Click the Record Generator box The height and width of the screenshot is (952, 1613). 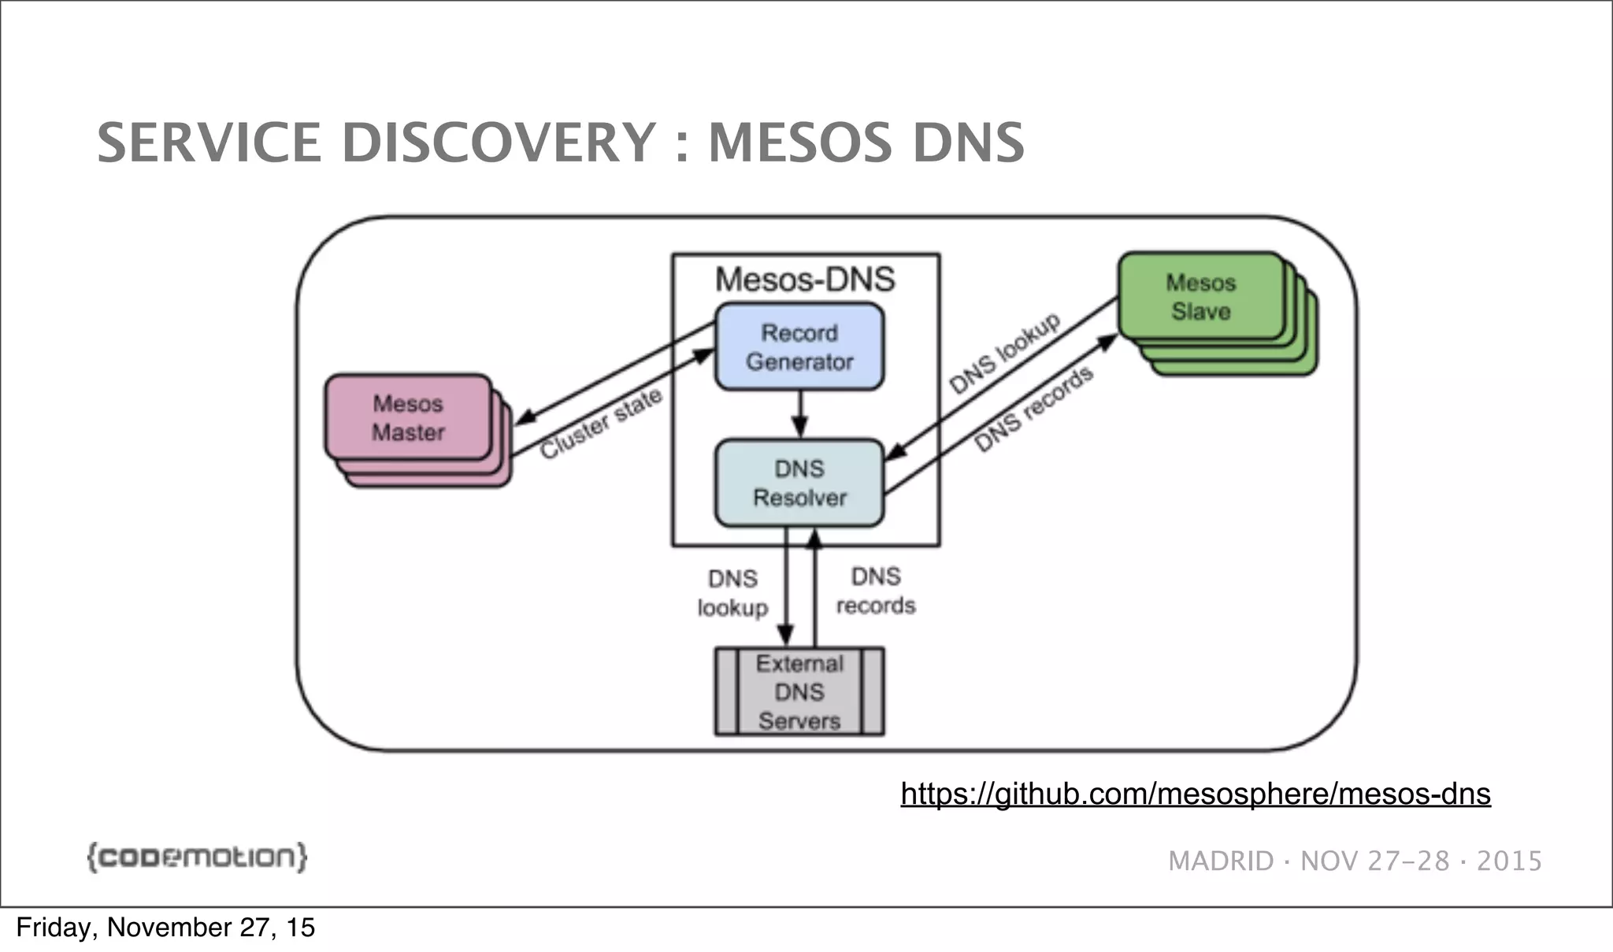(799, 347)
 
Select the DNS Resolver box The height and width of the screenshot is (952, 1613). (799, 483)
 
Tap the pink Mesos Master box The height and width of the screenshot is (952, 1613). (408, 418)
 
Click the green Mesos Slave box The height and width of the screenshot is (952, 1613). (1200, 297)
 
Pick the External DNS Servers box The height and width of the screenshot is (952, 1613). (799, 692)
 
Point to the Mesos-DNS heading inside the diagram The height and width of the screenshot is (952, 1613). (805, 280)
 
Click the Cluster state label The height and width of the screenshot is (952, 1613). (600, 424)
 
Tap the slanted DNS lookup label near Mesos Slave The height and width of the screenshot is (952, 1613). (1004, 354)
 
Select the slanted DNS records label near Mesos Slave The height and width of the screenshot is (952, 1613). (1033, 409)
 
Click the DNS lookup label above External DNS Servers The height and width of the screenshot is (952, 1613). (732, 593)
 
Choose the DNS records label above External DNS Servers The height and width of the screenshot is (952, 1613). (875, 591)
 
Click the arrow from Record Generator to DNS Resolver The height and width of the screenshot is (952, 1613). (799, 414)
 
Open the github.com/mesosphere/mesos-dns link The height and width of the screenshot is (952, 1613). (1195, 793)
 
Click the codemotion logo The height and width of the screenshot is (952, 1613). (196, 857)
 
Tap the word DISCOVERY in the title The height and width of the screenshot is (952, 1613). (499, 143)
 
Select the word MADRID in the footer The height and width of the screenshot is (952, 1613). (1220, 861)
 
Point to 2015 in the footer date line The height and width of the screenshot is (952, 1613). (1508, 861)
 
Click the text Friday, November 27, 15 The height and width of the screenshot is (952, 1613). (165, 928)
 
